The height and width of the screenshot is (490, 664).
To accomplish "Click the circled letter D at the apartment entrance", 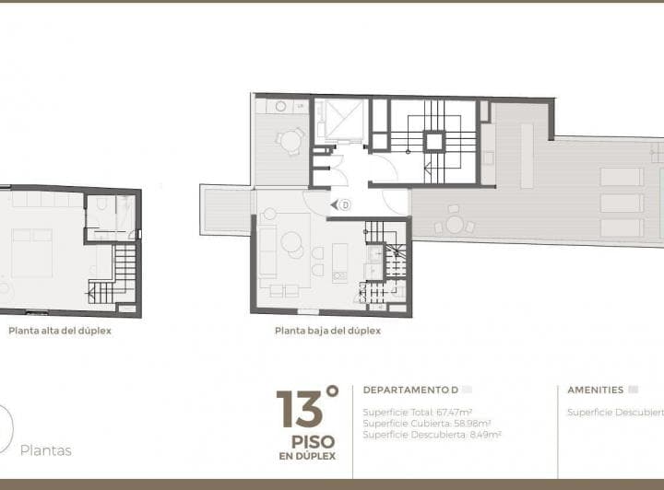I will coord(345,204).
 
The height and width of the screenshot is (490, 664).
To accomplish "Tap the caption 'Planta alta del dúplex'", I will coord(60,331).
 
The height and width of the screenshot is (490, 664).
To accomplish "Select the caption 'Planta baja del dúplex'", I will coord(327,331).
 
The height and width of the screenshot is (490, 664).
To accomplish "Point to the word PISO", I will coord(307,441).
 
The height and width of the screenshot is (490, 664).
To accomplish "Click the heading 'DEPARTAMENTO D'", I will coord(411,390).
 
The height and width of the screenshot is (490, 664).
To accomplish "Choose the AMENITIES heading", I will coord(595,390).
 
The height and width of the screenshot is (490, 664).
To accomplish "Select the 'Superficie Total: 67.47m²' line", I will coord(418,413).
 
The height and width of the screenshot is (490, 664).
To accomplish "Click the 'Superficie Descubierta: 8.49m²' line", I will coord(432,435).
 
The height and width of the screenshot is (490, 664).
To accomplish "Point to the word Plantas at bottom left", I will coord(46,450).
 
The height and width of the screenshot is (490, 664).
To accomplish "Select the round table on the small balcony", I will coord(290,141).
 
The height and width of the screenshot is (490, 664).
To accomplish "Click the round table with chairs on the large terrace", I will coord(454,224).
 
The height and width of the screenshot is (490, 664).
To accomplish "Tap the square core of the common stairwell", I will coord(433,141).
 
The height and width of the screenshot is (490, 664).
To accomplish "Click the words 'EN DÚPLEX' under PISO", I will coord(307,456).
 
